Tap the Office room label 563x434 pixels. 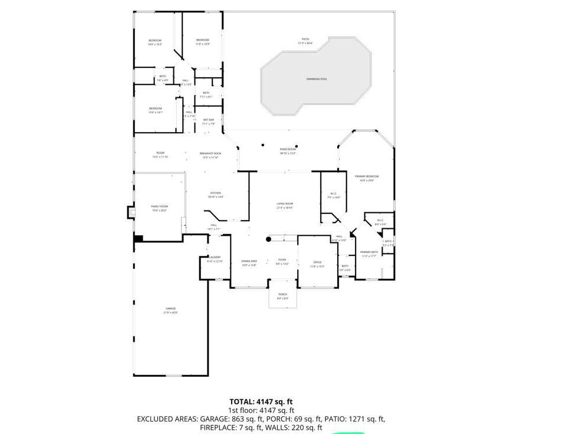(x=317, y=264)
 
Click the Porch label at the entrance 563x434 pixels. (x=283, y=295)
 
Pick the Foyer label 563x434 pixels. (x=282, y=261)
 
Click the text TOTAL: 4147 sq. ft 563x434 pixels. (x=261, y=401)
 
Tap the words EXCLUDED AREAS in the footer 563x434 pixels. (x=167, y=419)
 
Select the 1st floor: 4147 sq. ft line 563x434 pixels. (x=261, y=410)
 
